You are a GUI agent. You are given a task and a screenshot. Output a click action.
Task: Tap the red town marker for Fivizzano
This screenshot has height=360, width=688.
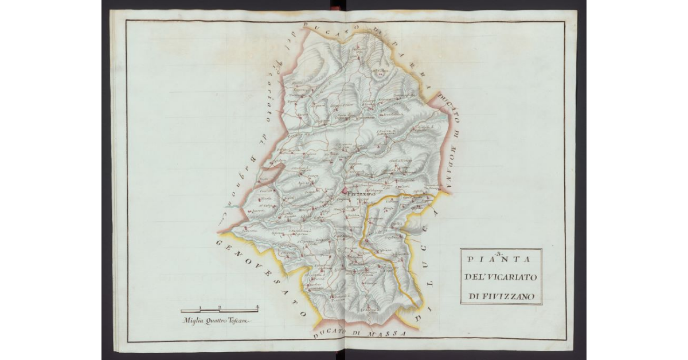345,191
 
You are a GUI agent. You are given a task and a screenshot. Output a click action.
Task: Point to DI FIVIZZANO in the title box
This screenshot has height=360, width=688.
501,296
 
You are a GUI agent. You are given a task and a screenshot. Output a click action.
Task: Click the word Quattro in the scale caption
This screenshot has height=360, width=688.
216,320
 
